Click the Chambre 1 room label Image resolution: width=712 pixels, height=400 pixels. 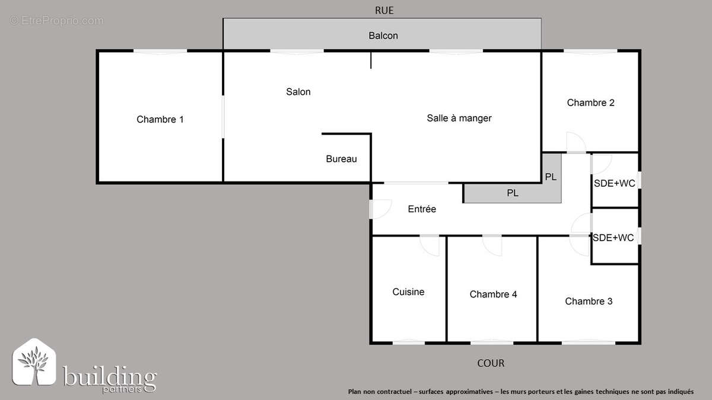[x=160, y=120]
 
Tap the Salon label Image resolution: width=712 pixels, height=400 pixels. [x=298, y=92]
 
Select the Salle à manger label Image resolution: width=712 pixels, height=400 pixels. [x=459, y=118]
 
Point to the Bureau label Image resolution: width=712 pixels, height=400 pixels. [x=341, y=159]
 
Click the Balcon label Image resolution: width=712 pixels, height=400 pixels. [x=383, y=36]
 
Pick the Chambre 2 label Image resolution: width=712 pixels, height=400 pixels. [x=590, y=103]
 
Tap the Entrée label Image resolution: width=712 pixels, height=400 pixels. [x=422, y=209]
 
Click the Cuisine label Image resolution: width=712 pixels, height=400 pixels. [x=408, y=292]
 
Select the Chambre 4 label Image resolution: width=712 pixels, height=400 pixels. [x=493, y=295]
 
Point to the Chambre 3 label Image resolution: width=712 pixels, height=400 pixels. [x=589, y=301]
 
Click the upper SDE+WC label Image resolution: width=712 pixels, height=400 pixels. [x=615, y=184]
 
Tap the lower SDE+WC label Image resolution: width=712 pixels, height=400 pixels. [x=614, y=238]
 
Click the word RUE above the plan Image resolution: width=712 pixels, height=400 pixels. [x=384, y=10]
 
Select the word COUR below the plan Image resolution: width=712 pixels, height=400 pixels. [x=491, y=363]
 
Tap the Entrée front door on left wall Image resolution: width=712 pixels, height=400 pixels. [x=380, y=209]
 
